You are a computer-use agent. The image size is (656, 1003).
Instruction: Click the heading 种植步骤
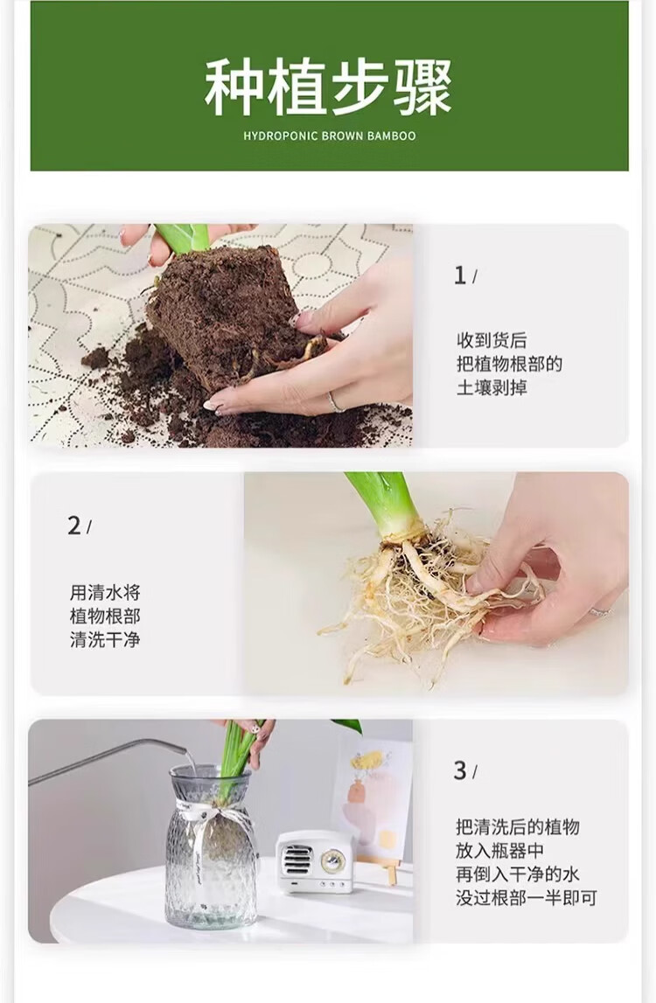[328, 87]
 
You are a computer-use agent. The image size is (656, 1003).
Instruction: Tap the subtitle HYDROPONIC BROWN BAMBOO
[330, 136]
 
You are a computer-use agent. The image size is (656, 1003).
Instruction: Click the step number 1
[459, 275]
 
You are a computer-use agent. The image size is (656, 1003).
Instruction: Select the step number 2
[74, 526]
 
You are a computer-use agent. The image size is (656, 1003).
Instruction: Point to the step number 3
[460, 770]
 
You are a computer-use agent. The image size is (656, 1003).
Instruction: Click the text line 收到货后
[492, 340]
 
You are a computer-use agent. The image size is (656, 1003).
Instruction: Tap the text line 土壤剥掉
[492, 387]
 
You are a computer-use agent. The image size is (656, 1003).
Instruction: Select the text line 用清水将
[105, 592]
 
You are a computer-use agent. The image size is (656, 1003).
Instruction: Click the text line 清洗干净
[105, 639]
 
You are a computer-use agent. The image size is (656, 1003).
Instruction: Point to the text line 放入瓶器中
[499, 851]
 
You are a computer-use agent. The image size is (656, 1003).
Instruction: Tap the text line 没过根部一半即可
[526, 897]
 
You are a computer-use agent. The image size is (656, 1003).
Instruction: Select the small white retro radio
[314, 861]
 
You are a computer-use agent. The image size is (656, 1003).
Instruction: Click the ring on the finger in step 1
[335, 401]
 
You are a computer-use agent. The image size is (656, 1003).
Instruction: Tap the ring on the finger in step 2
[600, 611]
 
